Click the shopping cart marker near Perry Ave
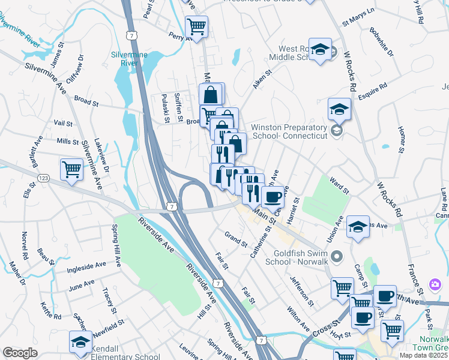(196, 26)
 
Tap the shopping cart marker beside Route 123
(71, 169)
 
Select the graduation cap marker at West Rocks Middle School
(321, 50)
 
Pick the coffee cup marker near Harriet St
(273, 196)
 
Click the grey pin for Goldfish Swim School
(337, 256)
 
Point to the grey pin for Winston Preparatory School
(337, 130)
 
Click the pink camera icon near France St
(434, 284)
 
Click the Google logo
(20, 353)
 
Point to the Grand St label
(236, 239)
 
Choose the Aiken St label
(262, 79)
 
